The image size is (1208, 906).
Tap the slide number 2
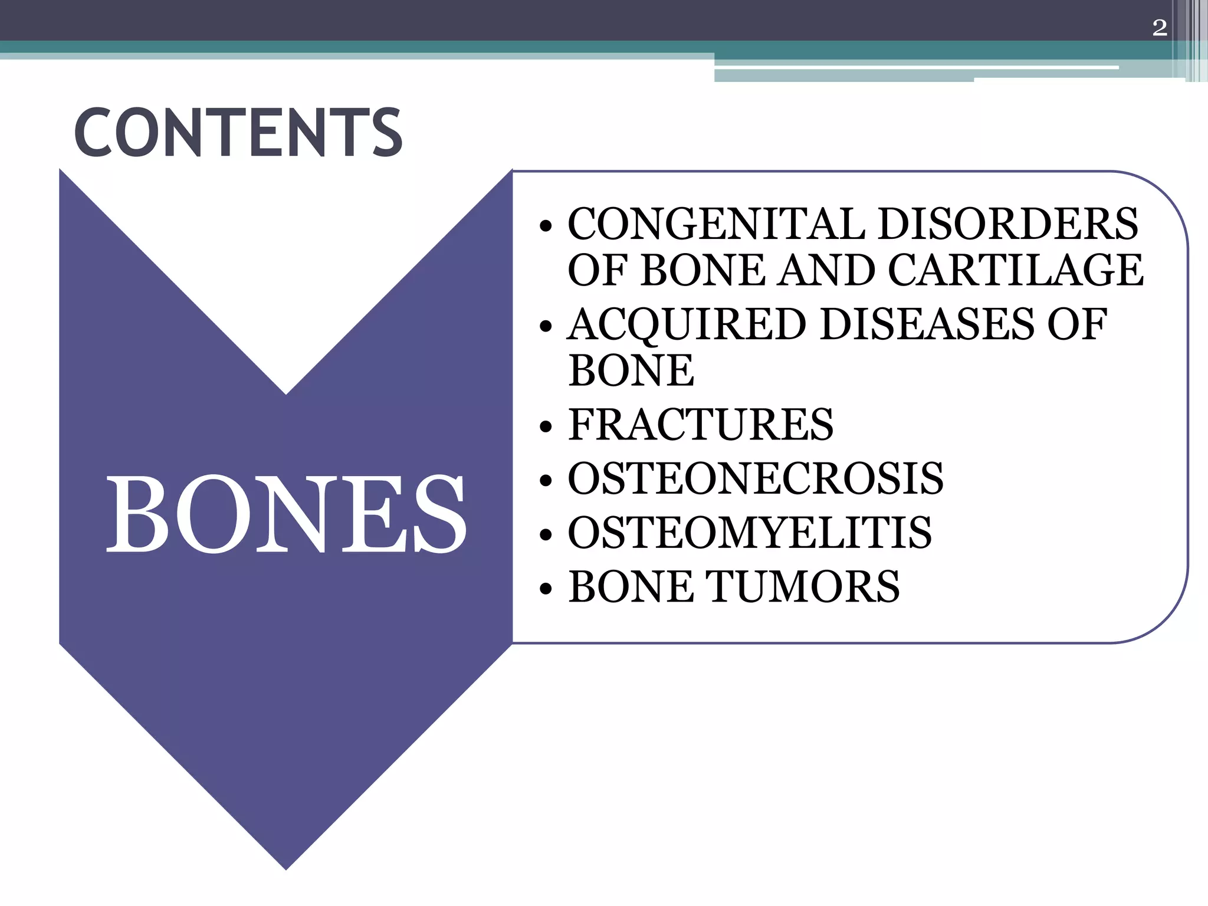1159,28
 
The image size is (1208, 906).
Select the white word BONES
286,514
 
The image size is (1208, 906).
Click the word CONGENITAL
715,224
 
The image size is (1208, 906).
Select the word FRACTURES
701,425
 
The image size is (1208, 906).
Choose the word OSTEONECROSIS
756,478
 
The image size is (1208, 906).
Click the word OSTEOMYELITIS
750,533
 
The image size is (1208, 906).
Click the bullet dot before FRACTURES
546,427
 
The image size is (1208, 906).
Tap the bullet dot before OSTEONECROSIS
546,481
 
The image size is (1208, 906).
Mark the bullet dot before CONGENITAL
546,226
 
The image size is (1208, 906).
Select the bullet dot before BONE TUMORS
546,589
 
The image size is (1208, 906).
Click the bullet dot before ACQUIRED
546,327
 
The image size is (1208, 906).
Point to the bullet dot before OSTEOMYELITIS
546,535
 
